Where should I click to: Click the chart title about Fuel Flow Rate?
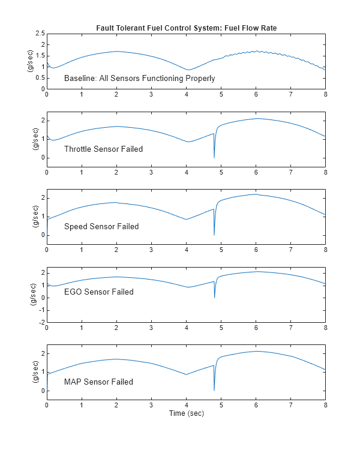point(186,28)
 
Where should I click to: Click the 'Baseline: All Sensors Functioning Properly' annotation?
point(139,79)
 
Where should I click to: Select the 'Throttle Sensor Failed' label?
point(103,149)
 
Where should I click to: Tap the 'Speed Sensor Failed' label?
point(101,227)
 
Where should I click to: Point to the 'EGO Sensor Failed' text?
point(98,292)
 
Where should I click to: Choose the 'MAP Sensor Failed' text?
point(98,382)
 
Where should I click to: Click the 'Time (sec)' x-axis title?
point(186,414)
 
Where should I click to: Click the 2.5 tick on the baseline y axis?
point(40,33)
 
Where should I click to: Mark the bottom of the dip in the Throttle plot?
point(214,157)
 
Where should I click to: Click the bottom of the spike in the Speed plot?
point(214,235)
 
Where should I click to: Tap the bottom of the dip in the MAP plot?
point(214,391)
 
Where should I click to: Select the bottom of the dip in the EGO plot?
point(214,298)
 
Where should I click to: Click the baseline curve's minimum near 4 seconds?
point(188,70)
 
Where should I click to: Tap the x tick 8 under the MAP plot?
point(326,406)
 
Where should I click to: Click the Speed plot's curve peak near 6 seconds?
point(256,194)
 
